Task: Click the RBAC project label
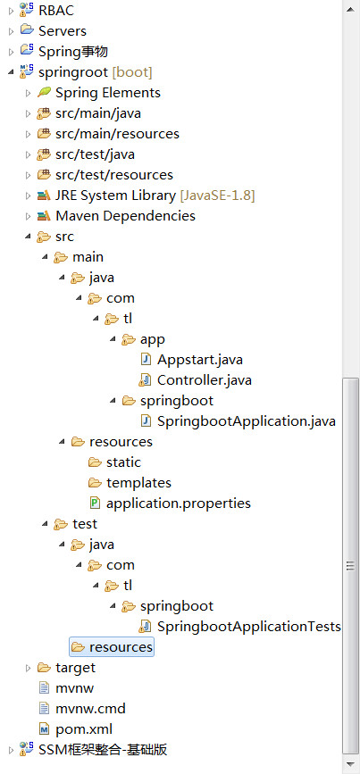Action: click(56, 10)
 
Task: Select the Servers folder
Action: click(63, 30)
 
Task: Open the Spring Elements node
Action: click(108, 92)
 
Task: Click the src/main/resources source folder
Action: click(117, 134)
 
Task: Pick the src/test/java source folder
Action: click(95, 154)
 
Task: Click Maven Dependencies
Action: click(125, 216)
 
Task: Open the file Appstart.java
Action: click(199, 360)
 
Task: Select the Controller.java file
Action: click(205, 380)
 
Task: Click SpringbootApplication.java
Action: click(247, 421)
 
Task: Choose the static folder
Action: click(123, 462)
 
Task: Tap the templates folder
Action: click(138, 483)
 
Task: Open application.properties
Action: click(179, 504)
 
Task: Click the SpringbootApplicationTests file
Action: click(249, 627)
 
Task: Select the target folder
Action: click(75, 668)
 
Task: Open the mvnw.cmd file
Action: click(90, 709)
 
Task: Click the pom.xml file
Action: click(84, 729)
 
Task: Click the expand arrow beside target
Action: click(29, 668)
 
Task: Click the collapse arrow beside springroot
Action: click(11, 72)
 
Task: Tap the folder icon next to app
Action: click(129, 339)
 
